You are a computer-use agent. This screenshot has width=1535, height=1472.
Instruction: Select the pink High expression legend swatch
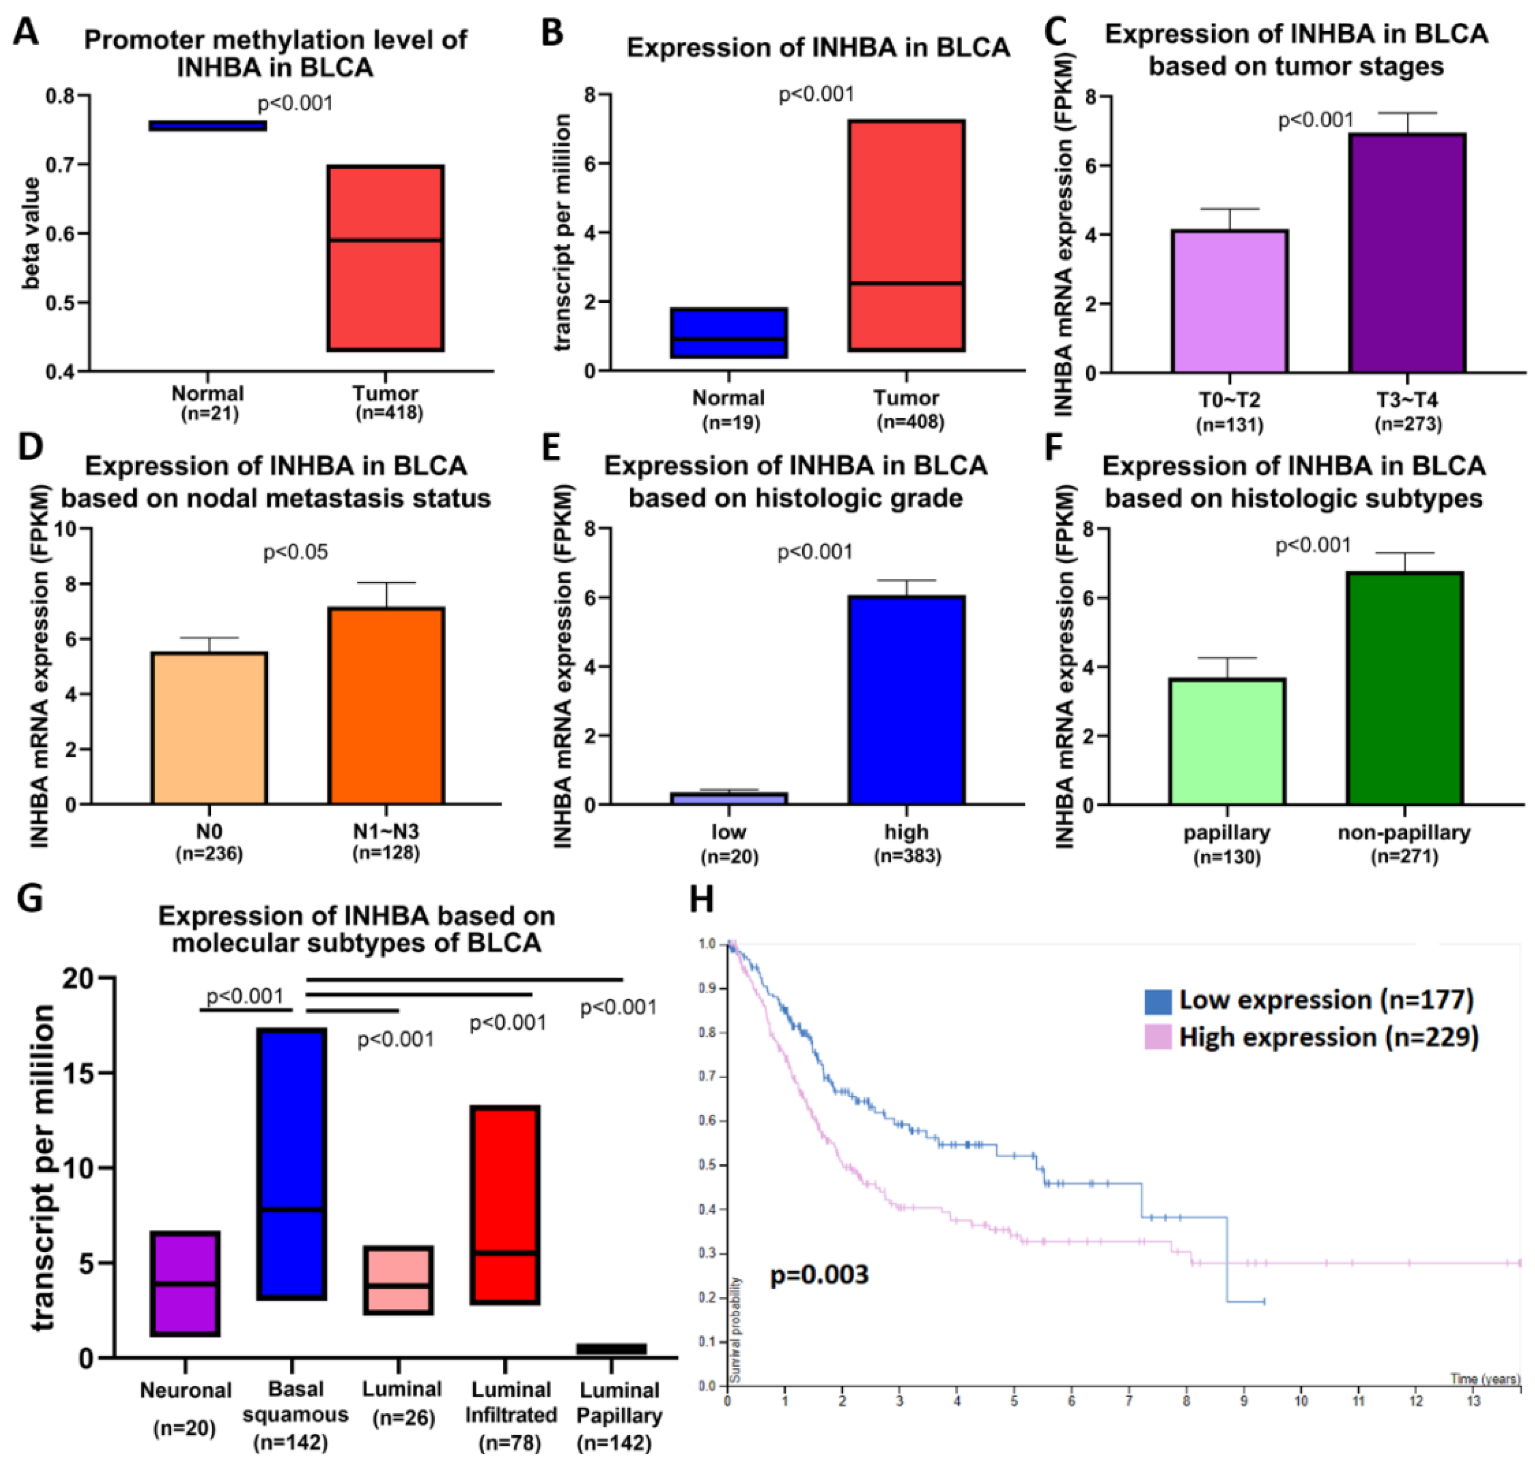(1158, 1038)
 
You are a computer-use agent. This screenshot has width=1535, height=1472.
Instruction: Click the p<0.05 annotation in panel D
(295, 553)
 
